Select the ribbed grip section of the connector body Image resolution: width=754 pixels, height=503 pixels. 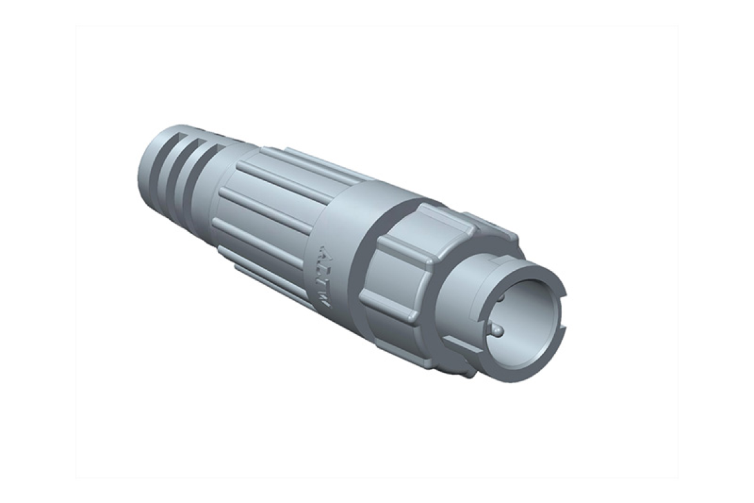pyautogui.click(x=271, y=213)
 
